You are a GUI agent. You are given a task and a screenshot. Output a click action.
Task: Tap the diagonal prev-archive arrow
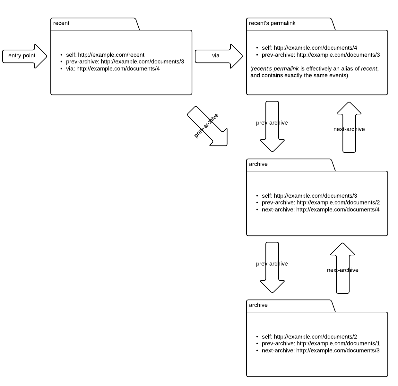click(x=207, y=126)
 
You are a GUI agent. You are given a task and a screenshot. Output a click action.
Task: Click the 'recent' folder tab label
click(x=61, y=23)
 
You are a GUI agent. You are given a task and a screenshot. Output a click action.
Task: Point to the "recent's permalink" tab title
click(x=272, y=23)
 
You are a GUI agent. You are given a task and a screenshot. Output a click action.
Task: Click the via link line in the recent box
click(x=113, y=69)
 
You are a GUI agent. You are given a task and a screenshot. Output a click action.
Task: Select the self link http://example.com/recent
click(x=105, y=55)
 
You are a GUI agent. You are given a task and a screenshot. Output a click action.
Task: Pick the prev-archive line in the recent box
click(x=125, y=62)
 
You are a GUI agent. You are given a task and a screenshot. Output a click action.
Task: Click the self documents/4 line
click(x=309, y=48)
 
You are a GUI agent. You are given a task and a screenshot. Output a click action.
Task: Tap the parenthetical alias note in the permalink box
click(x=314, y=72)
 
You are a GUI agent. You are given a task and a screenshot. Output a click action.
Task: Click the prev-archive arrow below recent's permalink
click(x=272, y=126)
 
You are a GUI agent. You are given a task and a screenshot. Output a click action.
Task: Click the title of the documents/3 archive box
click(x=258, y=164)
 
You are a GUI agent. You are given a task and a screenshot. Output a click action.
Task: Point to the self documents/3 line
click(x=309, y=196)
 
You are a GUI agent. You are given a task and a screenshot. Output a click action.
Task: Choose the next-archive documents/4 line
click(x=320, y=210)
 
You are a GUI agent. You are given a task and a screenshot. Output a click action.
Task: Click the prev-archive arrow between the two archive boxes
click(x=272, y=267)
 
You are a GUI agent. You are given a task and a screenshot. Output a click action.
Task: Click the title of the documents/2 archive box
click(x=258, y=305)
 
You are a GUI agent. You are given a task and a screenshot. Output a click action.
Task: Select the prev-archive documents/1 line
click(x=321, y=344)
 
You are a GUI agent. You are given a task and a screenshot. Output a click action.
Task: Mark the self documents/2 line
click(x=309, y=337)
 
